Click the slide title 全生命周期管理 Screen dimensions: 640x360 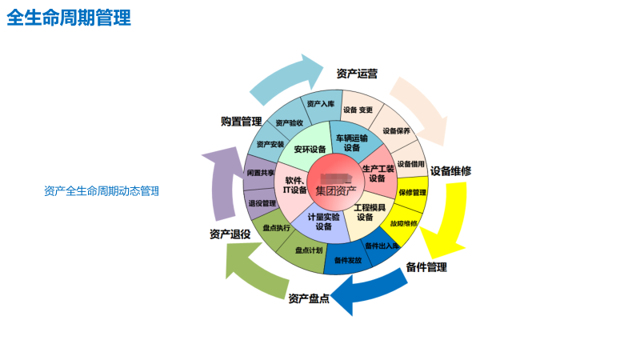[69, 18]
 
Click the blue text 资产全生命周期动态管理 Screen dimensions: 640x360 [102, 191]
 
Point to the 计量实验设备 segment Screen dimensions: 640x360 [324, 222]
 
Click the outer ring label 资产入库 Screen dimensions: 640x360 [320, 104]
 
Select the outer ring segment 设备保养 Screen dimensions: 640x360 [395, 130]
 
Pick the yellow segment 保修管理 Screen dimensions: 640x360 [412, 192]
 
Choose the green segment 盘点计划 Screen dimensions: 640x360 [308, 250]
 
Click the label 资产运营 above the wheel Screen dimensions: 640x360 [357, 74]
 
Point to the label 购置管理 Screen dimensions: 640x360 [241, 122]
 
